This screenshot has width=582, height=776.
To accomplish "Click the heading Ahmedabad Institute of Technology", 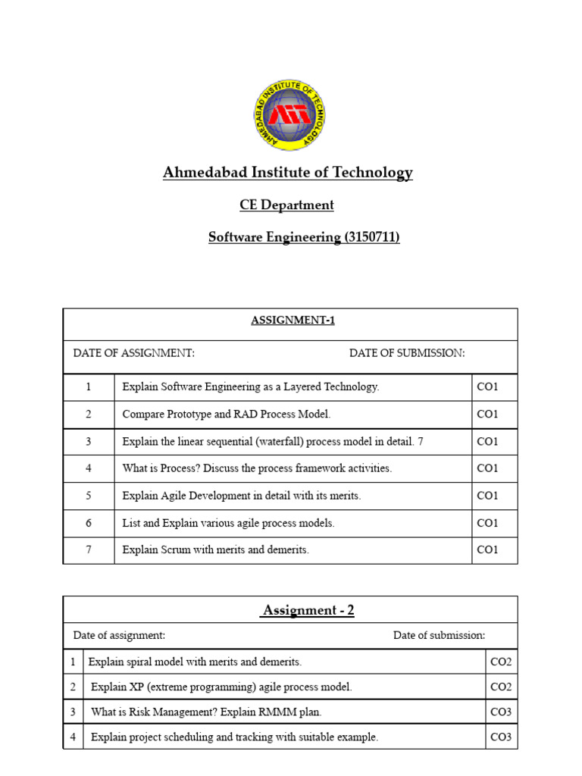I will (287, 173).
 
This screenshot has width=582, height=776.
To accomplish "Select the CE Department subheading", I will (286, 205).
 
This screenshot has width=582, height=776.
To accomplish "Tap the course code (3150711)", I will (371, 237).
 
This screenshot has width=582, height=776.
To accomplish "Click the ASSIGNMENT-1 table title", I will (293, 321).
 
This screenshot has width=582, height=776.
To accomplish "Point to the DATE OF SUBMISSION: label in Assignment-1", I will (407, 353).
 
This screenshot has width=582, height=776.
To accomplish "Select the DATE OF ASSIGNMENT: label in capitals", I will (133, 353).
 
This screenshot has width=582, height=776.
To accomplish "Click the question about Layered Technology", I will (250, 386).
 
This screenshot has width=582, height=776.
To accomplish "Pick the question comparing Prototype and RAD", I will (226, 414).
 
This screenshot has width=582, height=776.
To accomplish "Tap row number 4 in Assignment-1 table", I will (89, 468).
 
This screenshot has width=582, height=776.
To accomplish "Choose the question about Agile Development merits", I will (241, 496).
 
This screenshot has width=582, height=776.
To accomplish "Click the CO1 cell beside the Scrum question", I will (487, 550).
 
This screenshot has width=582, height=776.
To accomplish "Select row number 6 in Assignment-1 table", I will (89, 523).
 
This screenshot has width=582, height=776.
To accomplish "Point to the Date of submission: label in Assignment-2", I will (439, 635).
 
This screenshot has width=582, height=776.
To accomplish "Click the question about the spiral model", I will (195, 662).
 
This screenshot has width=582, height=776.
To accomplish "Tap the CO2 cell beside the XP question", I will (501, 687).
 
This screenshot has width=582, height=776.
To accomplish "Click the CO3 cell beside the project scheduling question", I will (501, 737).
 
